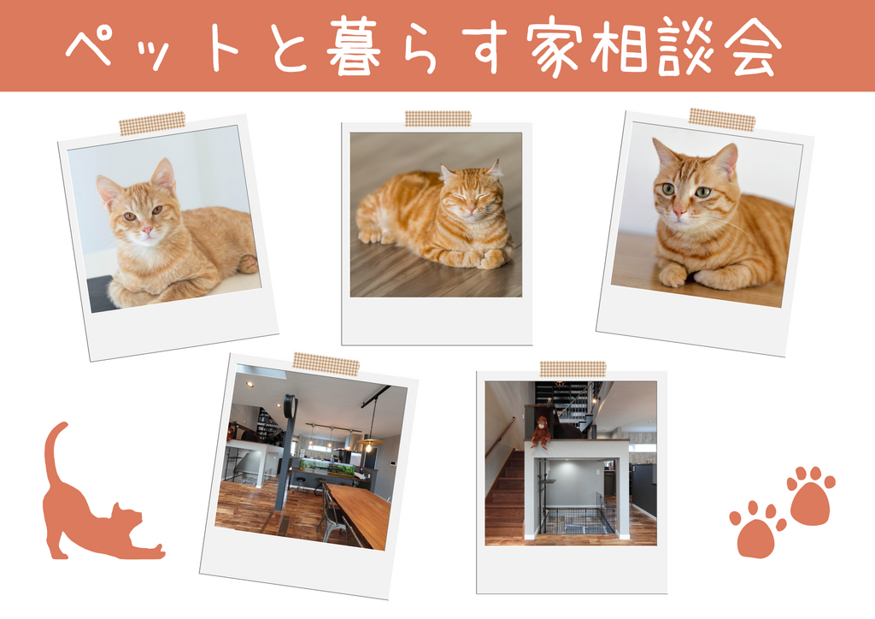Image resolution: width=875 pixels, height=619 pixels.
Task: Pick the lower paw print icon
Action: pos(757,529)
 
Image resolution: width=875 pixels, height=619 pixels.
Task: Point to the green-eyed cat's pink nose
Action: pos(679,213)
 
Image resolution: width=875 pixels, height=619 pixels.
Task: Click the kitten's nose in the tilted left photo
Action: pos(146,229)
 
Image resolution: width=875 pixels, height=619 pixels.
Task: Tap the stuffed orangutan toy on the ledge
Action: pos(540,432)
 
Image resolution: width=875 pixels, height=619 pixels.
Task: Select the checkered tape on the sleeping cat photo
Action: pos(438,118)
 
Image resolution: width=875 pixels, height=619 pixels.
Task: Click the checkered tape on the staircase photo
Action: pos(573,368)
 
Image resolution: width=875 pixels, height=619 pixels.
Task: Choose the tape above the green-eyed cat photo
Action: pos(722,120)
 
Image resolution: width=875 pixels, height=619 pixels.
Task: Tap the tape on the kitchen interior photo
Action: pos(326,364)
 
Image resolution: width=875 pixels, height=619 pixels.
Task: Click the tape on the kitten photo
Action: pos(152,123)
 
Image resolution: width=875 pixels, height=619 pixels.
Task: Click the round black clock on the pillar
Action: pos(290,406)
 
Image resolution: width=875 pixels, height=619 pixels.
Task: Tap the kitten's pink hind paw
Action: pos(247,263)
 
